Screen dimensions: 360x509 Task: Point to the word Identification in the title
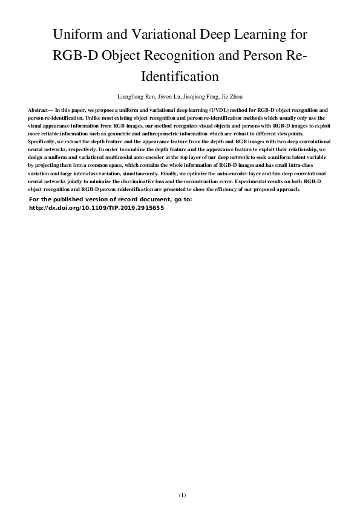pos(180,77)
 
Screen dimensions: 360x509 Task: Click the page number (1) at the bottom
pos(182,495)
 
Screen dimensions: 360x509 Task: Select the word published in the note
pos(65,199)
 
